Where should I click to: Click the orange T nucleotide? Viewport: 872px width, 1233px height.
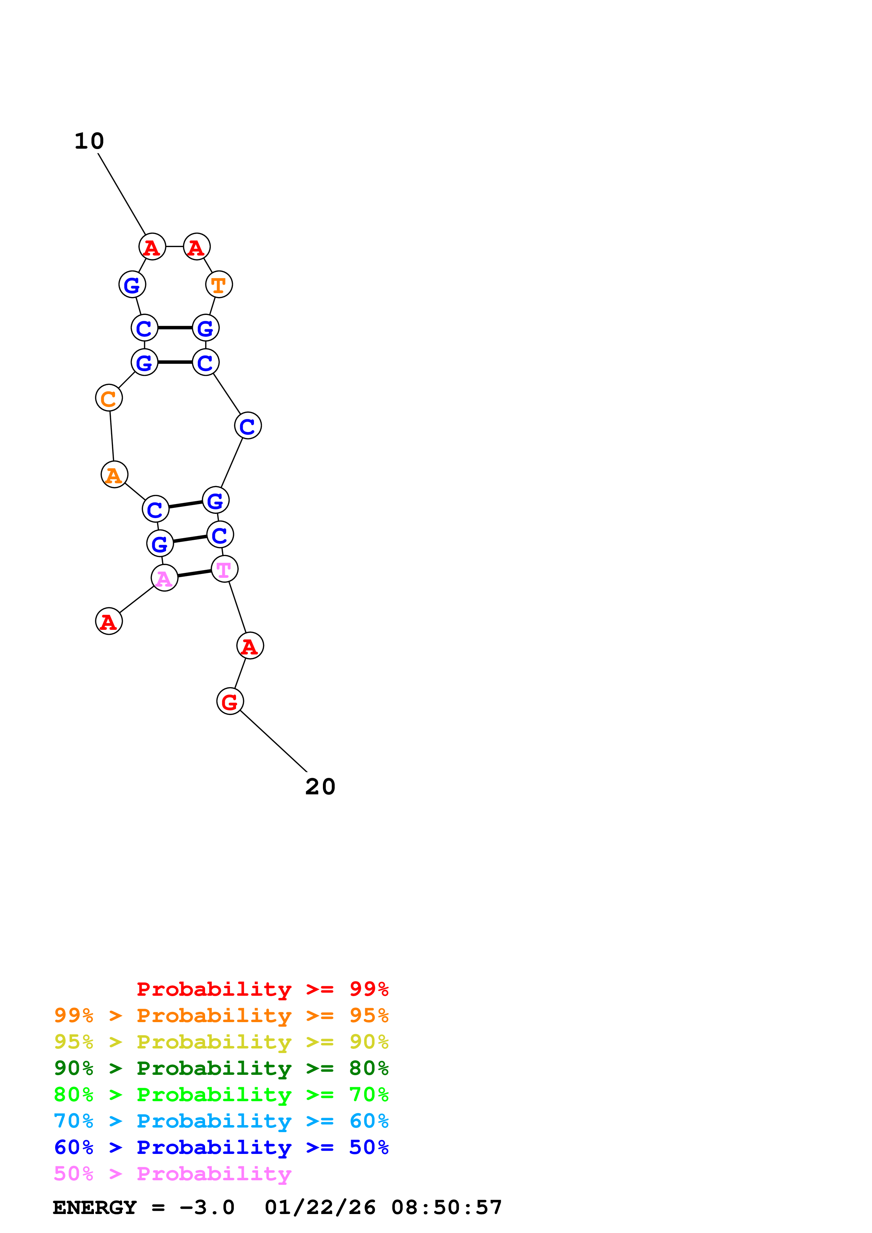(219, 285)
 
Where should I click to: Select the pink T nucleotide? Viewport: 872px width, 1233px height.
(224, 569)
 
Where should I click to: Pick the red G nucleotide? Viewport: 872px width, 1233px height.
(230, 701)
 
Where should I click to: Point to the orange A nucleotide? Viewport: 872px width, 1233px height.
(114, 475)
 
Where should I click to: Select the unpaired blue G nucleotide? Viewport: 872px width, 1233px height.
(132, 285)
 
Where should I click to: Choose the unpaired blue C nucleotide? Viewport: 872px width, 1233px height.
(248, 426)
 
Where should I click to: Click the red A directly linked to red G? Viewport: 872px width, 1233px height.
(250, 646)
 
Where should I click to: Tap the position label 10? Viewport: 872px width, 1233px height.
(89, 141)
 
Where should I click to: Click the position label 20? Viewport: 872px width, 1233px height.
(320, 787)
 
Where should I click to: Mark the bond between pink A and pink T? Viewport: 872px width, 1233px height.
(195, 574)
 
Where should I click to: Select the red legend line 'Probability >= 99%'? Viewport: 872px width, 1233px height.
(262, 989)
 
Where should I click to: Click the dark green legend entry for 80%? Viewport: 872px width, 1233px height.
(221, 1068)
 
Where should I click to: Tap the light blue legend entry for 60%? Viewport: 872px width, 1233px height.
(221, 1121)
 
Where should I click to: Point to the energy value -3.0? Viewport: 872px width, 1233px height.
(207, 1207)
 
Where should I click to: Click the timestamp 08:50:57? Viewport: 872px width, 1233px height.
(446, 1207)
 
